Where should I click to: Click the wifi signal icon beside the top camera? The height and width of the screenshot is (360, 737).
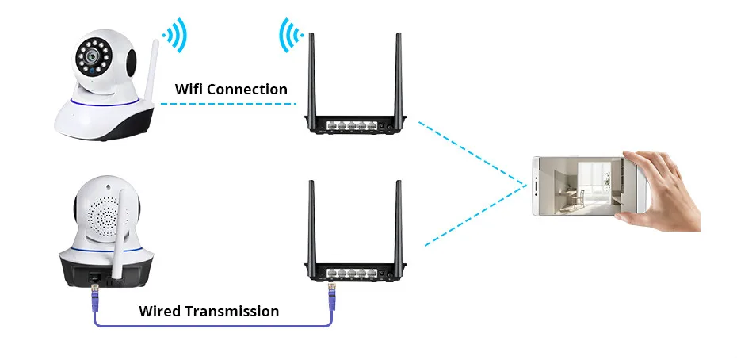pos(174,36)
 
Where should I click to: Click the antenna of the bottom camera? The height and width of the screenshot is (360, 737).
pos(118,238)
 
